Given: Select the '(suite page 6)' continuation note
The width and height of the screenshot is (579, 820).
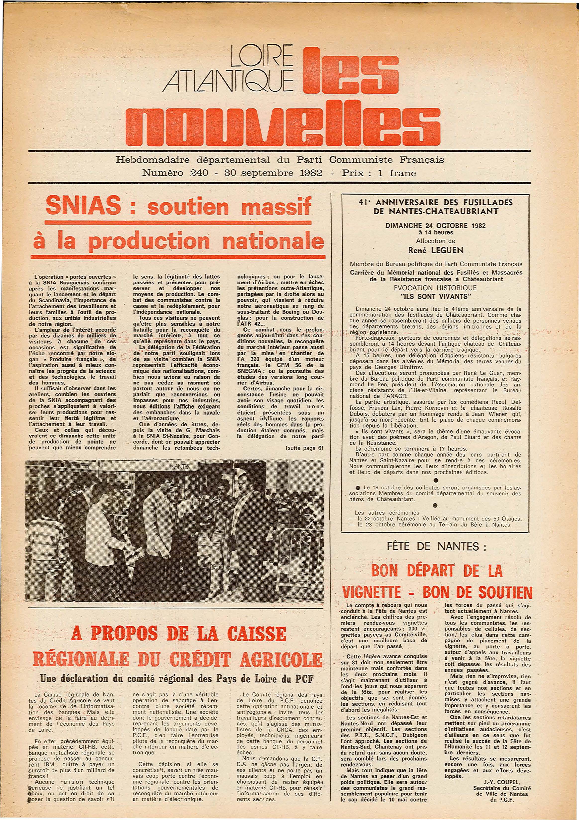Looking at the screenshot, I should coord(305,448).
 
